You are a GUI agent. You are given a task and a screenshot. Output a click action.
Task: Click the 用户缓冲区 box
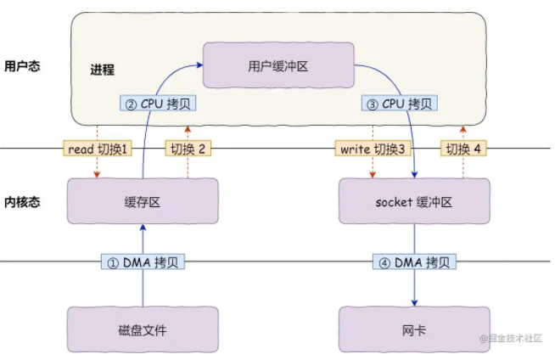(278, 65)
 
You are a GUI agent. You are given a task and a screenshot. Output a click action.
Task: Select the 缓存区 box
(143, 201)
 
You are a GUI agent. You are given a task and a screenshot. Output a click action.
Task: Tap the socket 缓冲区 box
(414, 201)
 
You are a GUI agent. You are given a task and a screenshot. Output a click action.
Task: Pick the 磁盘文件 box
(143, 329)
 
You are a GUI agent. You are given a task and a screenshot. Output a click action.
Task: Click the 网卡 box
(414, 329)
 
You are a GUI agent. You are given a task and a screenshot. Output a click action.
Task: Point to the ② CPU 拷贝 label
(158, 104)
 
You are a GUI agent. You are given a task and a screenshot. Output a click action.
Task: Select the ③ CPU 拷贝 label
(399, 104)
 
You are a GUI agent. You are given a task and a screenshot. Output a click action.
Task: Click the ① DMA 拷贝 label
(143, 262)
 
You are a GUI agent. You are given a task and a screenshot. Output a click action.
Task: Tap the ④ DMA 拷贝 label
(414, 262)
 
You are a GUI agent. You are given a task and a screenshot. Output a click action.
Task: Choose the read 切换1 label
(98, 149)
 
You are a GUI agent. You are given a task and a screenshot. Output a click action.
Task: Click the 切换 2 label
(188, 149)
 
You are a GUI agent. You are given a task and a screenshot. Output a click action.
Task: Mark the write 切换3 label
(373, 149)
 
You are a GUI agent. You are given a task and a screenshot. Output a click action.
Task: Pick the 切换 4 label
(463, 149)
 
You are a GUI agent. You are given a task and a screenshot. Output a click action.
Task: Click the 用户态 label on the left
(22, 66)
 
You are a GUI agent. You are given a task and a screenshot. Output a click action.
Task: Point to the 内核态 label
(22, 202)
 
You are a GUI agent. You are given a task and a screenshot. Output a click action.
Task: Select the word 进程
(103, 70)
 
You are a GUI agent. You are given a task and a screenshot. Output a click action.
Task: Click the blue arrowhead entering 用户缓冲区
(200, 65)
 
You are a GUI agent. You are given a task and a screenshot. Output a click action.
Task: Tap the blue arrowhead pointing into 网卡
(414, 303)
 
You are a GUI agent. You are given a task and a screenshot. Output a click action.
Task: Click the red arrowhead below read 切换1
(97, 175)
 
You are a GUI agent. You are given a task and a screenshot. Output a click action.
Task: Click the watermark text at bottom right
(511, 338)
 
